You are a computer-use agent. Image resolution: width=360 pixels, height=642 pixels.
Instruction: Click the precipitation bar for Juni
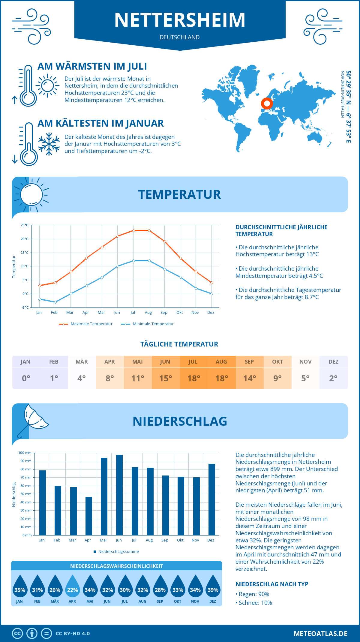[x=119, y=495]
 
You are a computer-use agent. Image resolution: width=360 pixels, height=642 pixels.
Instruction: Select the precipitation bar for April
[x=89, y=516]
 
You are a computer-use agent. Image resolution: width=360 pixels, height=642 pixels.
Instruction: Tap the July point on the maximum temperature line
[x=133, y=230]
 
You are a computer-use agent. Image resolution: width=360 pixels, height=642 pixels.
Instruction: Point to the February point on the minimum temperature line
[x=55, y=302]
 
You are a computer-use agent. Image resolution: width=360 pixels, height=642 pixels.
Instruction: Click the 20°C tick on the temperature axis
[x=25, y=239]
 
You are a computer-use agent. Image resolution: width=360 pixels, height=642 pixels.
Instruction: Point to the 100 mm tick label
[x=25, y=453]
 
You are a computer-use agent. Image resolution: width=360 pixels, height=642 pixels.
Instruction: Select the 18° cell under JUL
[x=193, y=378]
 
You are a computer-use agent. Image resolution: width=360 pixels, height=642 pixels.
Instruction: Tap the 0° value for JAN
[x=26, y=378]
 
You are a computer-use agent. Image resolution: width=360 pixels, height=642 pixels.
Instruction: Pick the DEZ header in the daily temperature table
[x=333, y=362]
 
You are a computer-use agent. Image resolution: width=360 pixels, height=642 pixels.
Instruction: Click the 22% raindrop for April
[x=73, y=587]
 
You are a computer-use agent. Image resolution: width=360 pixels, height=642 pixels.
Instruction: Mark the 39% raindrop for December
[x=213, y=587]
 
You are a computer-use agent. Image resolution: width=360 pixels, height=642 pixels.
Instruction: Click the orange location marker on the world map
[x=267, y=103]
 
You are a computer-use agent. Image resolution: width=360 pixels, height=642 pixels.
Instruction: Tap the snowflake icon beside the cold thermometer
[x=49, y=144]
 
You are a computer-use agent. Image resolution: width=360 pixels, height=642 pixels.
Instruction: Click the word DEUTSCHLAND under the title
[x=180, y=37]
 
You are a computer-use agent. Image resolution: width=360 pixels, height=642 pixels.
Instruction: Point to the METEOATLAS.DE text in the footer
[x=320, y=634]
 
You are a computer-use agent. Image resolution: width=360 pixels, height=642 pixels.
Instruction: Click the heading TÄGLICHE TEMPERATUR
[x=179, y=344]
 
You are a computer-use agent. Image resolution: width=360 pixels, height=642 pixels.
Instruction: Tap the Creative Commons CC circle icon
[x=17, y=634]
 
